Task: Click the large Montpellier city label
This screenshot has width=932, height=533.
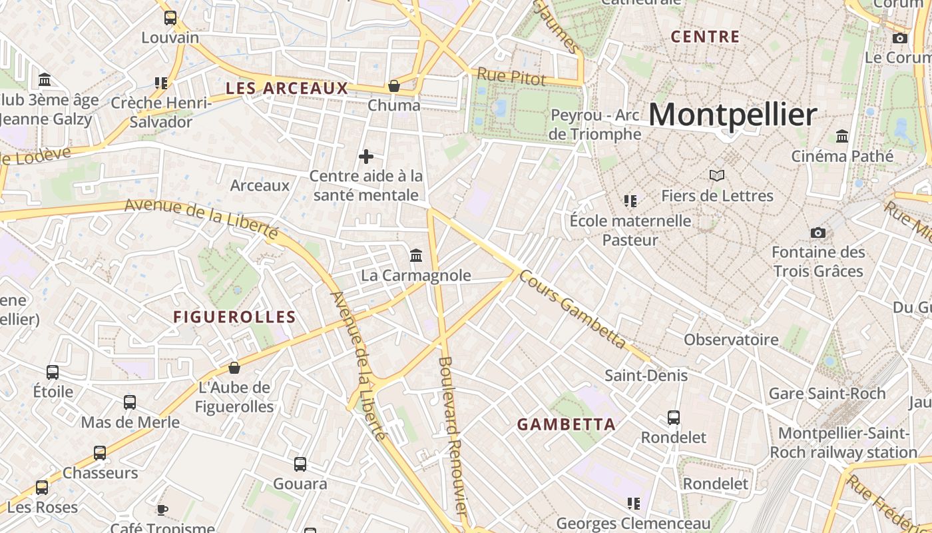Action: pos(732,115)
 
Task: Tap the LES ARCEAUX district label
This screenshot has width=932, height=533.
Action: pos(287,88)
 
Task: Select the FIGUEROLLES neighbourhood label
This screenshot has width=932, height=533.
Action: pos(234,317)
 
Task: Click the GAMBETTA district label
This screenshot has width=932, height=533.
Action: pos(567,424)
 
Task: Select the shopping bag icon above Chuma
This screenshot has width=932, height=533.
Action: pos(394,86)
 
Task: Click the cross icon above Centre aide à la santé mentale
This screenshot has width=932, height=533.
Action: pos(366,157)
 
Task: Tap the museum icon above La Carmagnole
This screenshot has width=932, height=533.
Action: pos(416,255)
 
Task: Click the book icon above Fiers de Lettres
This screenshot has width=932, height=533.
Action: pos(717,176)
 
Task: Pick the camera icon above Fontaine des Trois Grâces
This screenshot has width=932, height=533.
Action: pos(818,233)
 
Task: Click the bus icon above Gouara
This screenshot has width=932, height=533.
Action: pos(300,464)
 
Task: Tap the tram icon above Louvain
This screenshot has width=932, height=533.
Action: pos(170,18)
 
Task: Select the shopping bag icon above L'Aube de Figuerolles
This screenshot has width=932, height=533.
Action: pos(234,368)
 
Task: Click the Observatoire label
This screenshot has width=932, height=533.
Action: pos(731,340)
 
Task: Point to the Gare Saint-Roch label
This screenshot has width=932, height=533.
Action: pos(827,394)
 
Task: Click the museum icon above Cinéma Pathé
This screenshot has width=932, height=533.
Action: pos(842,136)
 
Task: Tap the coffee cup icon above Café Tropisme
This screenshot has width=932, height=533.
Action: pos(162,510)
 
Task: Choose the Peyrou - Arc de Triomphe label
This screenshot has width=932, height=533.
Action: pos(596,125)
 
